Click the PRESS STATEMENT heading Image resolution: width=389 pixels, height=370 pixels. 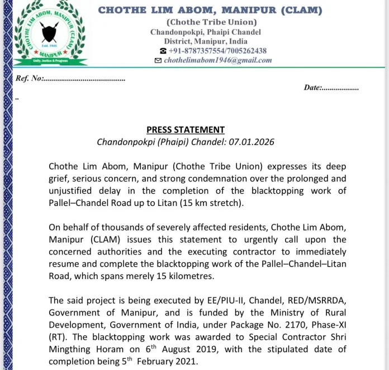(186, 129)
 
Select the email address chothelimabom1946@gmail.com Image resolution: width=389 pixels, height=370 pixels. (218, 60)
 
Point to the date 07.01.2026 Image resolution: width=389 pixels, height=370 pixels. (254, 142)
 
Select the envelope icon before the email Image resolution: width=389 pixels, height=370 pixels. (158, 60)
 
